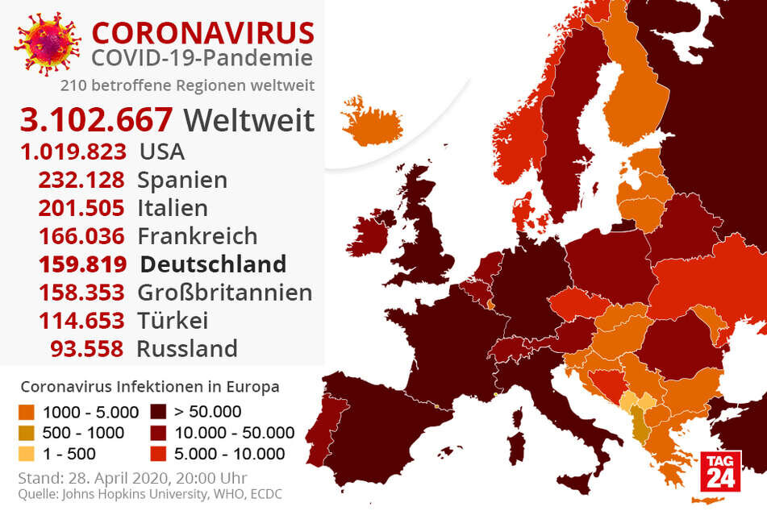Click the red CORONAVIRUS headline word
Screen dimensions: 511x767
pos(202,32)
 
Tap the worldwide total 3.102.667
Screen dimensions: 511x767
pos(97,120)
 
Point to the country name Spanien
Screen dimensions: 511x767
pos(182,180)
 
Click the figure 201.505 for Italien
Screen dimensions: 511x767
pos(81,208)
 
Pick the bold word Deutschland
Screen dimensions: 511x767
pos(213,264)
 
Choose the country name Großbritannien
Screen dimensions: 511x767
pos(225,292)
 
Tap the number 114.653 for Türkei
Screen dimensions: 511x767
pos(81,320)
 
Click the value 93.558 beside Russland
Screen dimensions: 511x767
pos(87,348)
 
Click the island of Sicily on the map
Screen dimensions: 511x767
pos(579,484)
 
